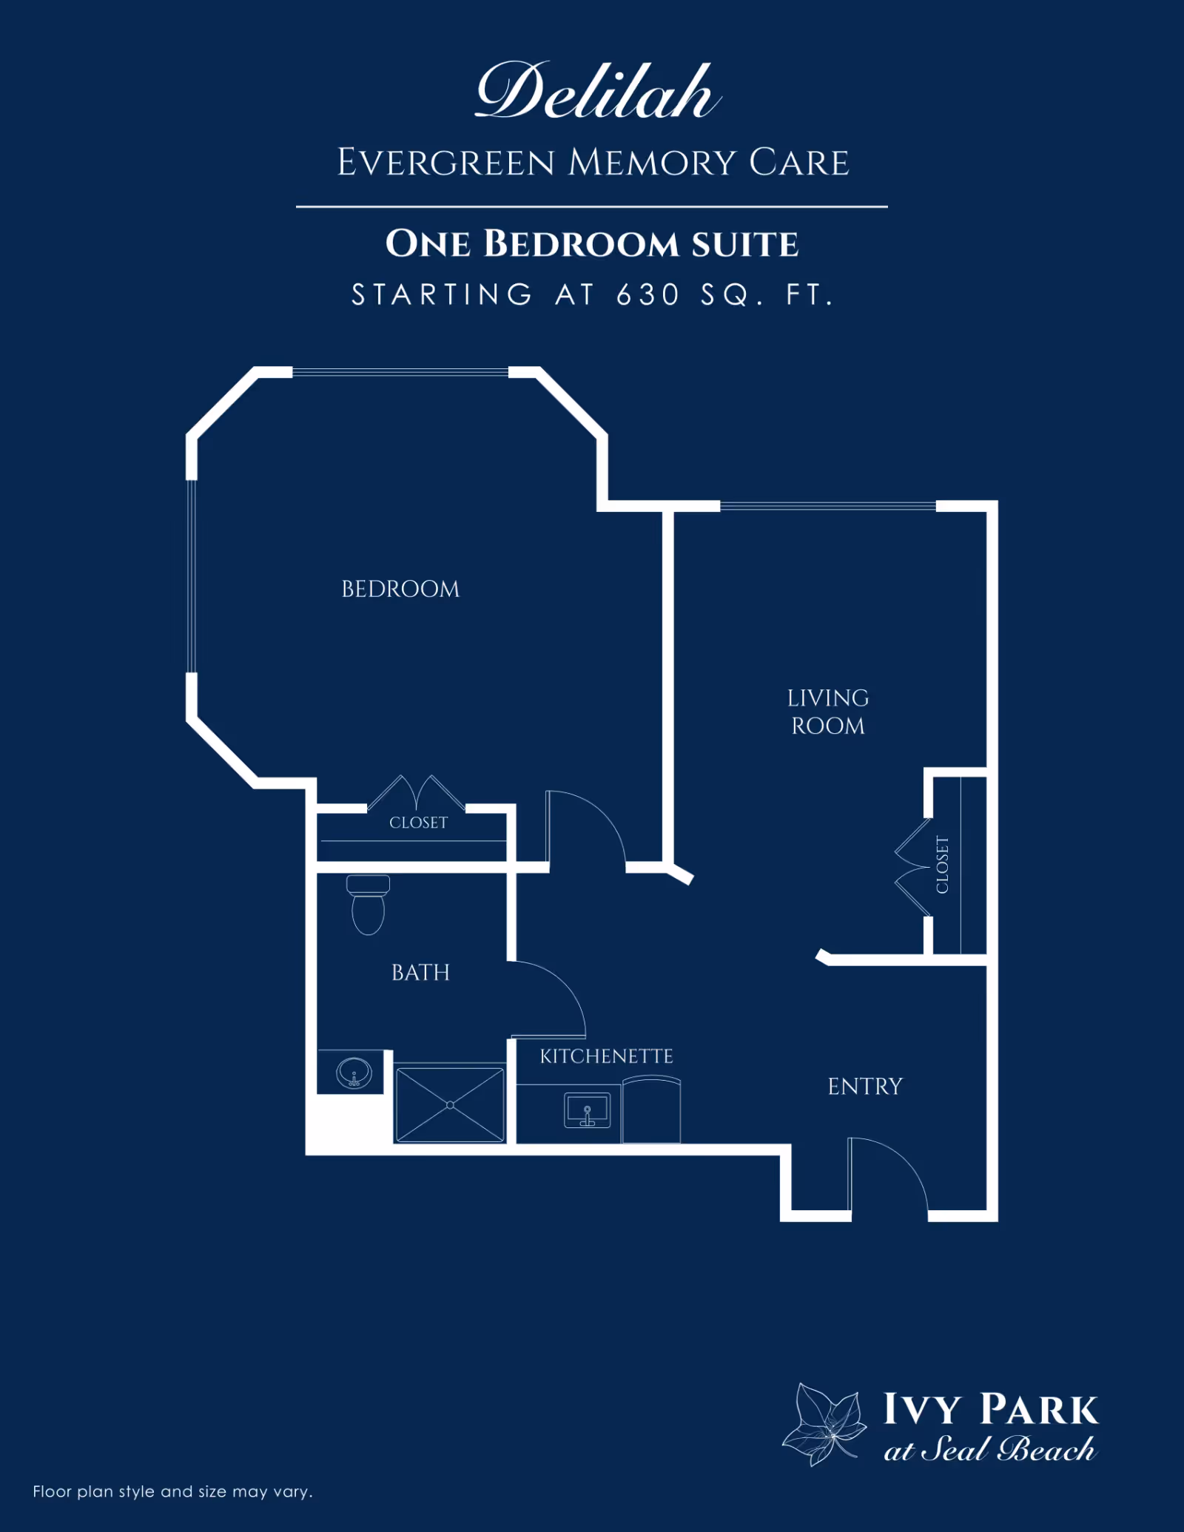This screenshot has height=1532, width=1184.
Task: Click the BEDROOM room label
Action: (x=400, y=589)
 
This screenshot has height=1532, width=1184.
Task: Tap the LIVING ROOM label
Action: (x=827, y=712)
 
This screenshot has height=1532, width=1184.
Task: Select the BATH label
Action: (x=420, y=972)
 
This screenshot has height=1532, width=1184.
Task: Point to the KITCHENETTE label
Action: (x=606, y=1056)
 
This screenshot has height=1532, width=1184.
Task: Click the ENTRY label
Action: (x=865, y=1086)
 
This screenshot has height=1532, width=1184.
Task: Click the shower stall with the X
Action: (x=450, y=1104)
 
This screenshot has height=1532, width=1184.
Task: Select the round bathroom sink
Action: (x=354, y=1072)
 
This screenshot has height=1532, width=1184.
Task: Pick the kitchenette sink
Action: (x=588, y=1110)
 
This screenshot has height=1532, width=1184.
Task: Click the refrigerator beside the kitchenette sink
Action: (x=651, y=1110)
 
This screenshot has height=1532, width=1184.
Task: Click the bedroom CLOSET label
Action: (x=418, y=823)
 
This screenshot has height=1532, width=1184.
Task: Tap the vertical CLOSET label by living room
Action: (x=942, y=864)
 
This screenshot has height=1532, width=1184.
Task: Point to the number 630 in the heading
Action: (x=647, y=294)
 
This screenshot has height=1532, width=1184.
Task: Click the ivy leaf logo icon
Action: (x=825, y=1424)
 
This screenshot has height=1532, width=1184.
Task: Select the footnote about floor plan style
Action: (x=172, y=1491)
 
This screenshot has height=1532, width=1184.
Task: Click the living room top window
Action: (x=827, y=506)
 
